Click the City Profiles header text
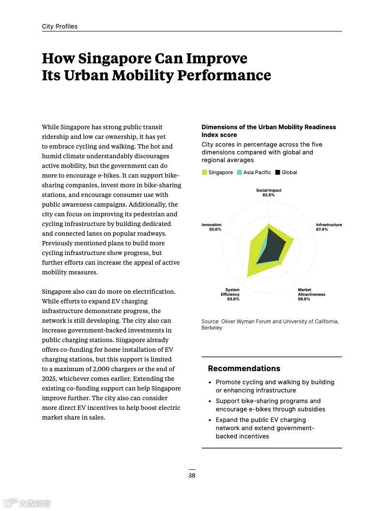pyautogui.click(x=60, y=27)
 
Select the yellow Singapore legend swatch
pyautogui.click(x=204, y=173)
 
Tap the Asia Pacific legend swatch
pyautogui.click(x=239, y=173)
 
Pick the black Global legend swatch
pyautogui.click(x=277, y=173)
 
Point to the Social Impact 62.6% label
pyautogui.click(x=268, y=193)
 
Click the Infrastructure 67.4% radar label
pyautogui.click(x=328, y=227)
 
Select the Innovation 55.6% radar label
pyautogui.click(x=211, y=227)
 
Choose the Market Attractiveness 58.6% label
pyautogui.click(x=311, y=295)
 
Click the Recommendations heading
pyautogui.click(x=244, y=369)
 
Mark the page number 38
pyautogui.click(x=192, y=476)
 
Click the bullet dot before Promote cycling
pyautogui.click(x=210, y=383)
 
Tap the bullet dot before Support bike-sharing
pyautogui.click(x=210, y=402)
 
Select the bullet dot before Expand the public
pyautogui.click(x=210, y=421)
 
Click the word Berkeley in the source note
pyautogui.click(x=212, y=328)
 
